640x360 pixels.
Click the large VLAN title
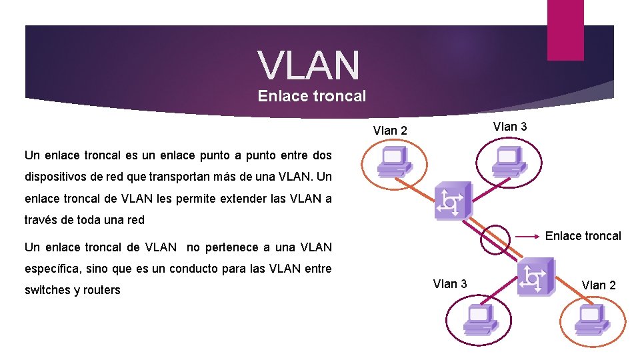tap(309, 65)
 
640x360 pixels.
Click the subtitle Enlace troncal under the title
tap(312, 96)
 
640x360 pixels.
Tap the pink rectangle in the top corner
tap(565, 29)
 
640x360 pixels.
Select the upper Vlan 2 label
tap(390, 131)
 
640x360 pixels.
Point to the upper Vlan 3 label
tap(510, 127)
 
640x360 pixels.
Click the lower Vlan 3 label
tap(450, 284)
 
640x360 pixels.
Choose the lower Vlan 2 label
tap(599, 285)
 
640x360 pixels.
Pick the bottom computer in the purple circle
tap(477, 321)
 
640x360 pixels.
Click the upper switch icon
tap(452, 200)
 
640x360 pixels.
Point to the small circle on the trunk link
tap(495, 240)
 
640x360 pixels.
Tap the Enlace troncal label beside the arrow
tap(583, 236)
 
